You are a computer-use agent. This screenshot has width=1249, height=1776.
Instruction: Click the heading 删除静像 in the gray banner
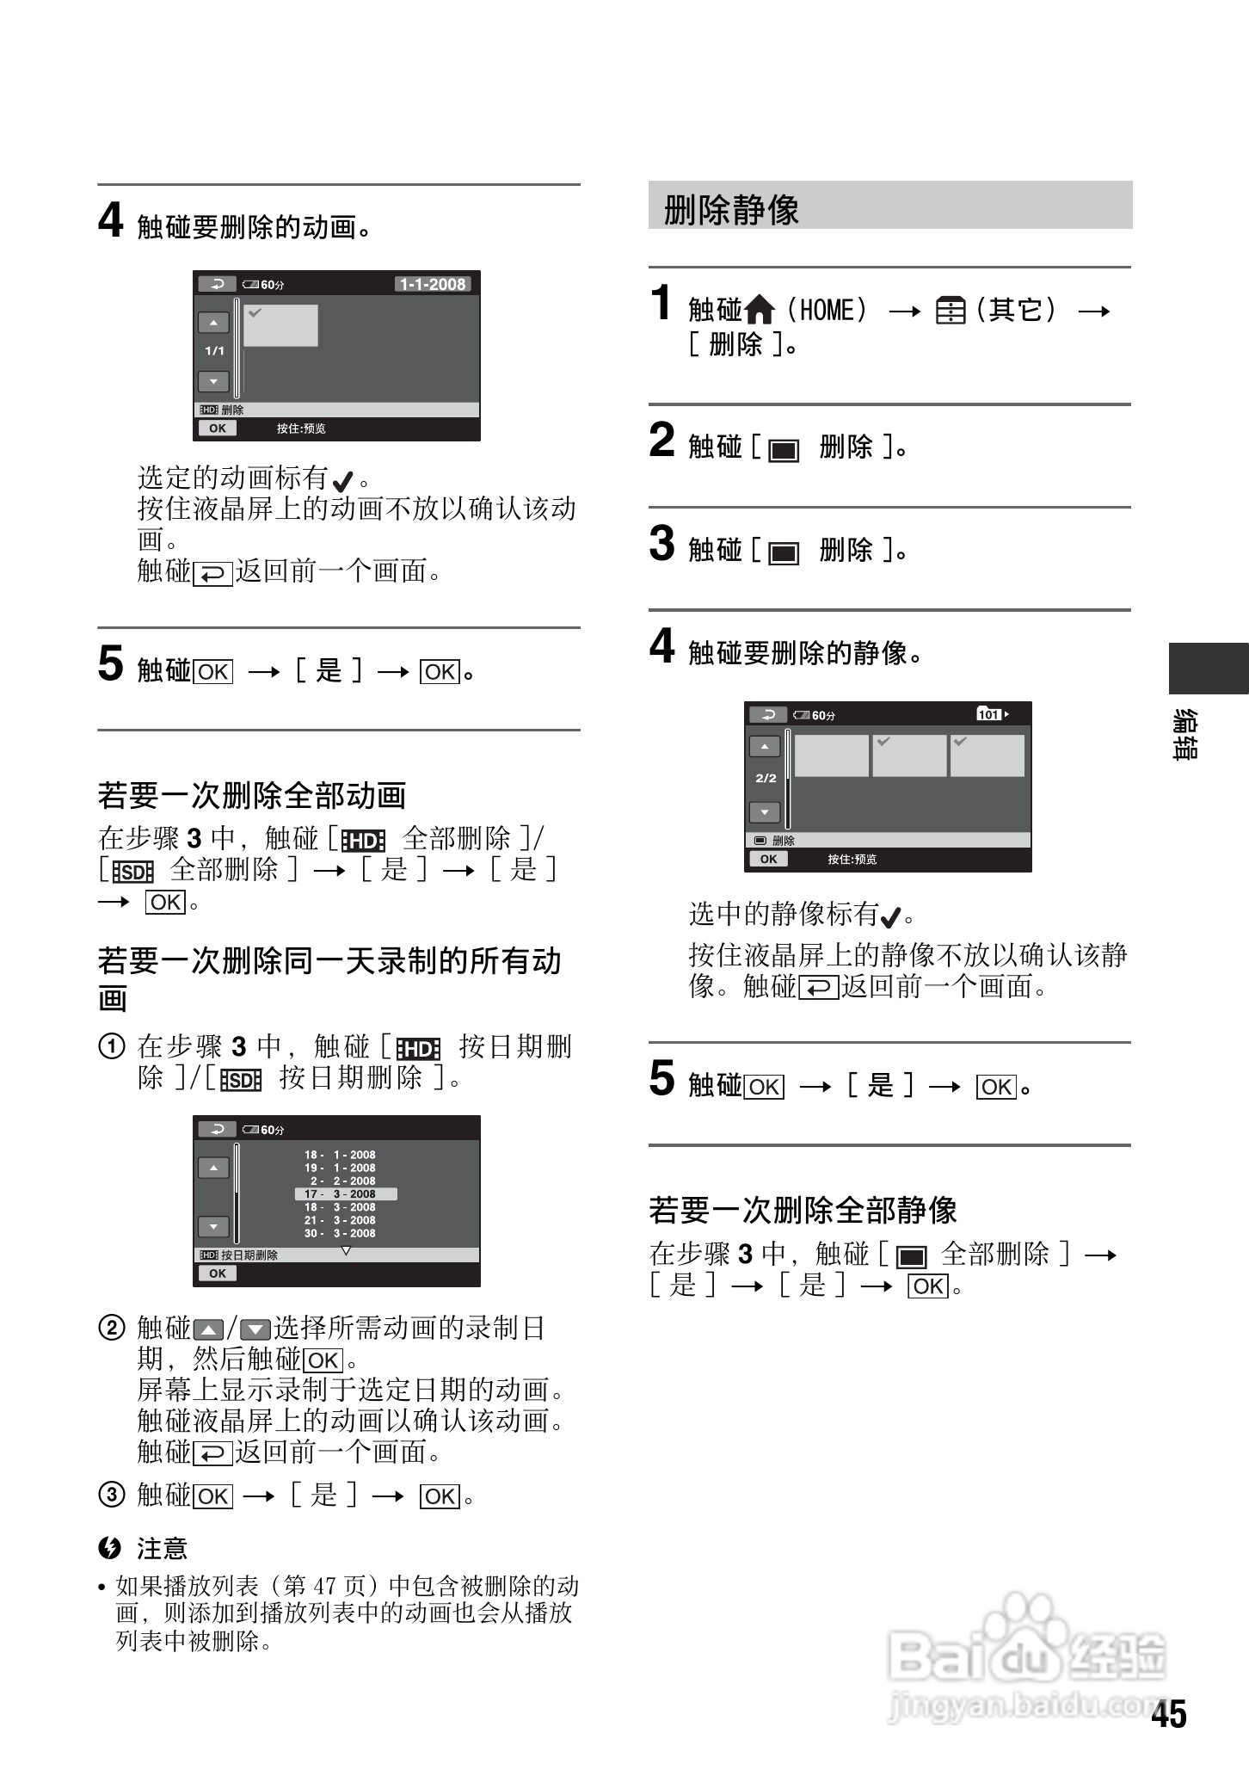[731, 209]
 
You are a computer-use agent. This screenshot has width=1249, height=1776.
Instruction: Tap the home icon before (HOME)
[760, 310]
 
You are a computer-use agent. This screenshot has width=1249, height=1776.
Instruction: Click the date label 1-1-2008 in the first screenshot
[433, 284]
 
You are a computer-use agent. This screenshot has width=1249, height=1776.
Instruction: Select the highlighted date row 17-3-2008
[346, 1193]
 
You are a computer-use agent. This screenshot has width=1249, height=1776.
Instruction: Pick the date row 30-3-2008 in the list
[340, 1233]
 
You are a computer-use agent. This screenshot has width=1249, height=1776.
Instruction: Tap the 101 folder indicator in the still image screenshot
[992, 714]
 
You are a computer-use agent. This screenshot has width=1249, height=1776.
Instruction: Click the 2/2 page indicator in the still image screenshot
[766, 778]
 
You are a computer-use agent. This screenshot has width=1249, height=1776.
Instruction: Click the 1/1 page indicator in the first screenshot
[214, 351]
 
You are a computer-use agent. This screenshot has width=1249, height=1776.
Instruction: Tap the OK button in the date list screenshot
[218, 1273]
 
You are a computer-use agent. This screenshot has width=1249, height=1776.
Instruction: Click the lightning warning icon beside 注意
[109, 1548]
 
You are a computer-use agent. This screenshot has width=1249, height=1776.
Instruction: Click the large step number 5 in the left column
[110, 663]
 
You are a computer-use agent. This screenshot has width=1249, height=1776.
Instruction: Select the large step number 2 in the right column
[661, 440]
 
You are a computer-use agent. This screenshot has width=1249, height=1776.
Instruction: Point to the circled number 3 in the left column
[111, 1495]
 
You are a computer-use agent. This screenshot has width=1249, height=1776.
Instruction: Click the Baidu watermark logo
[1024, 1652]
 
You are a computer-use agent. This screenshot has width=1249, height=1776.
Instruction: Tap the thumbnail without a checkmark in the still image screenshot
[831, 755]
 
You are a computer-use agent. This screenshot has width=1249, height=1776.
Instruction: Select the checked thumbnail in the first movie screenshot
[280, 325]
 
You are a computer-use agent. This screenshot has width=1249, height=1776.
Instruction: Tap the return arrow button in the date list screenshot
[217, 1129]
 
